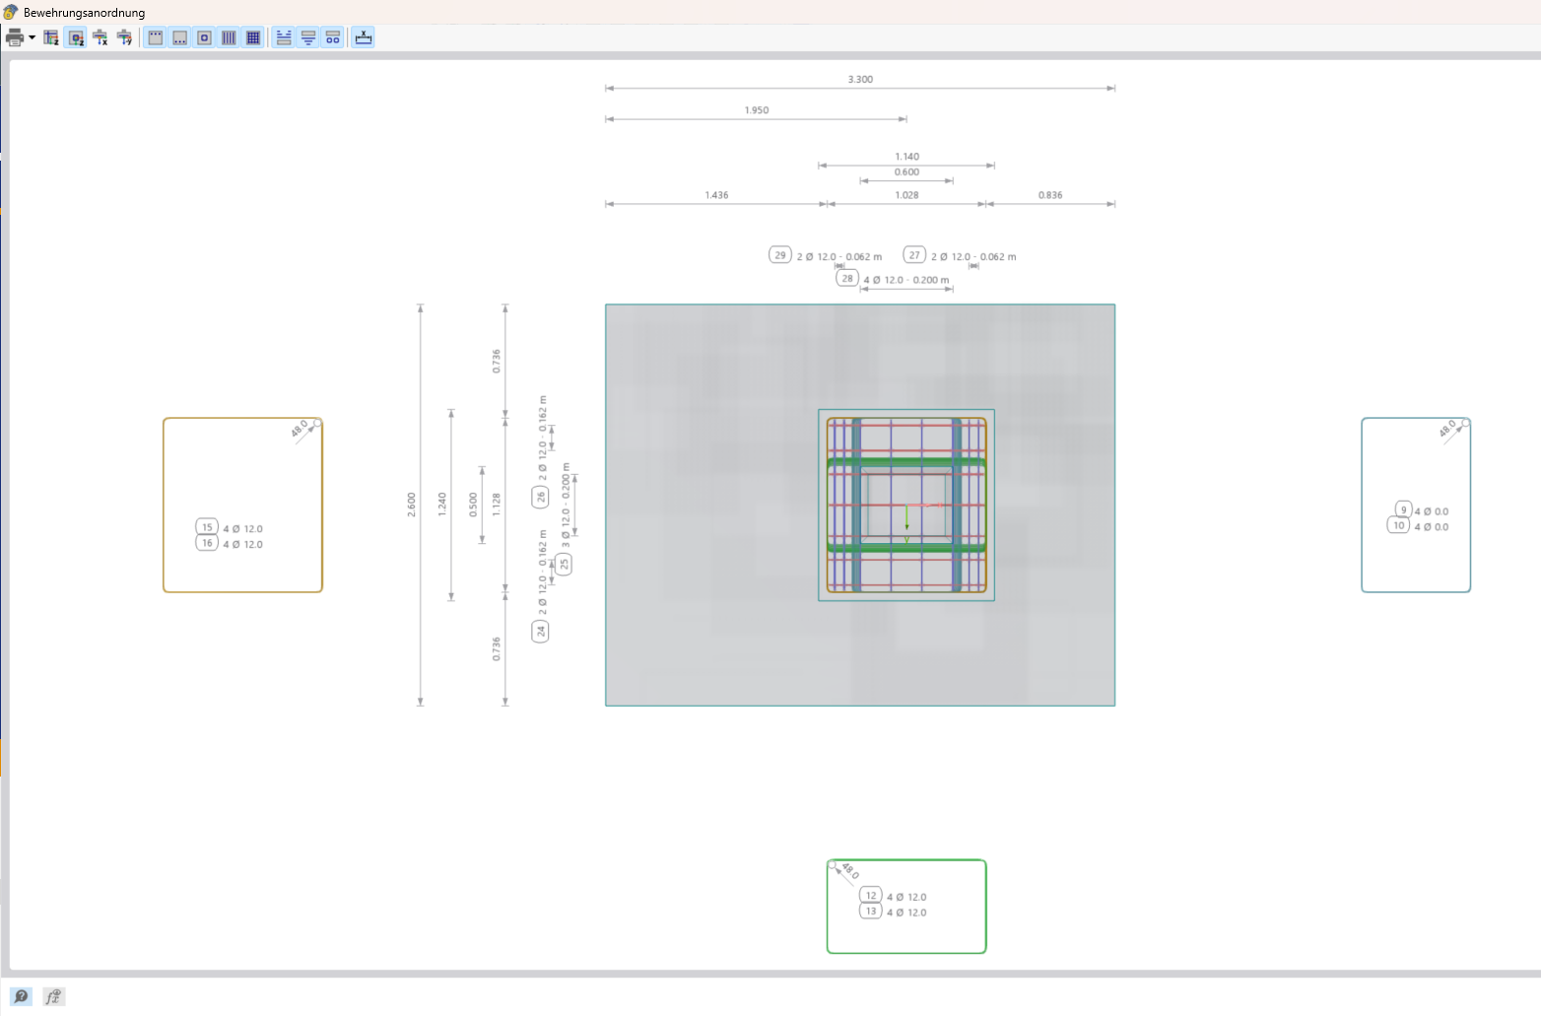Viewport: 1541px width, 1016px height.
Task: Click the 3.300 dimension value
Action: (860, 80)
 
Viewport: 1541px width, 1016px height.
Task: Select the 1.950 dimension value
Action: (757, 110)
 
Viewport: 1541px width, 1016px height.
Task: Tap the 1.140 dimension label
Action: (906, 157)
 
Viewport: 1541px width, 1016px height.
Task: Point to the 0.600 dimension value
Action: (906, 172)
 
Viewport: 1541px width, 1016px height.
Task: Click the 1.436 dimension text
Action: (716, 195)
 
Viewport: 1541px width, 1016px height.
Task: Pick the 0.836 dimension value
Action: (1050, 195)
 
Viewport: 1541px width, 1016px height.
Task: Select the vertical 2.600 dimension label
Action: (412, 505)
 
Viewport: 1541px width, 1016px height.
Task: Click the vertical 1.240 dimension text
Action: (442, 505)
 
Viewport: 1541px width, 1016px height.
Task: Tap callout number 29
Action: (780, 255)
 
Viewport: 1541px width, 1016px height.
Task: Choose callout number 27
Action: (914, 255)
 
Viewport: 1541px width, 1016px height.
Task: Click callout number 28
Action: (847, 279)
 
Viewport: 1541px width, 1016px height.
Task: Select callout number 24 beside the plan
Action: (540, 631)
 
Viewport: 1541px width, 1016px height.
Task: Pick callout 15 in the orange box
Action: (207, 527)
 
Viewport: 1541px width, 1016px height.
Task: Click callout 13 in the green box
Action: (871, 912)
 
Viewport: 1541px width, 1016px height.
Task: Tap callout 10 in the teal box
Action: (1398, 526)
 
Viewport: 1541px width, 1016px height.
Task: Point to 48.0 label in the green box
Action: (850, 871)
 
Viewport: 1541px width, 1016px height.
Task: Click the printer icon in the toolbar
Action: (15, 37)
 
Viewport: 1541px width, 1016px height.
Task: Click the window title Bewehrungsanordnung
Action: (84, 13)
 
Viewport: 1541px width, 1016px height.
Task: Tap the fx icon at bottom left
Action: (53, 996)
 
